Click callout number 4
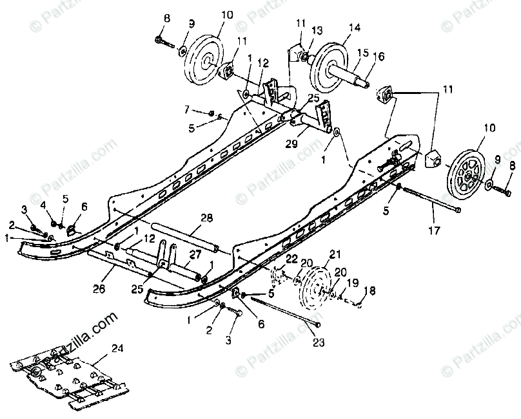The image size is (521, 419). [44, 205]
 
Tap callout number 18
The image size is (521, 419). [368, 292]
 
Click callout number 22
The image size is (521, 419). [292, 259]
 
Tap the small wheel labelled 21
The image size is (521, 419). [319, 288]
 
